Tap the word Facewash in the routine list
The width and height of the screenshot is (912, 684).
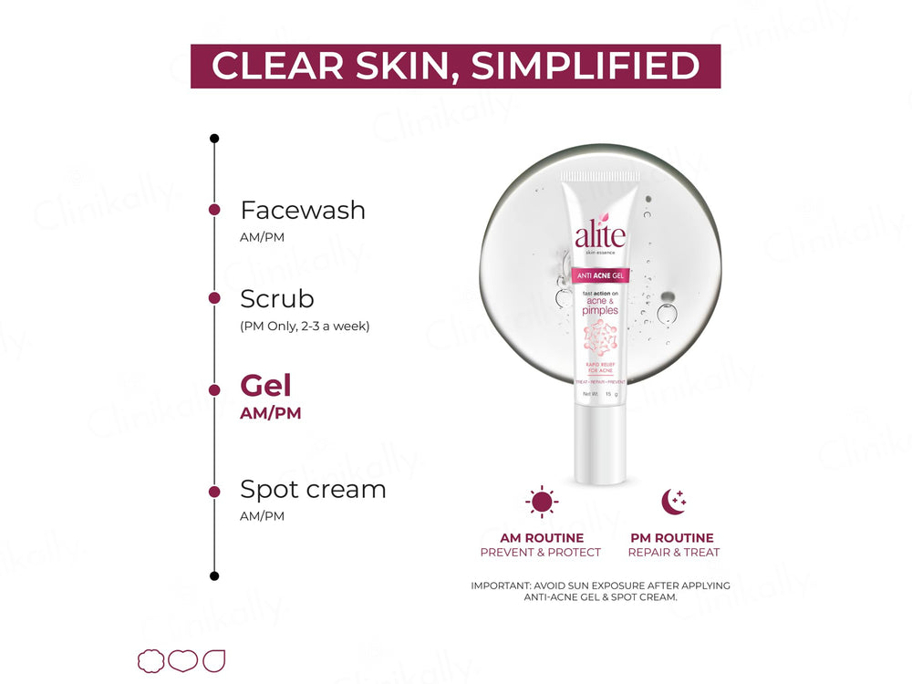(x=303, y=211)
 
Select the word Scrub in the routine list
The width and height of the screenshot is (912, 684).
(x=277, y=299)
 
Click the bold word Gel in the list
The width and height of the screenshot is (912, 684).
(x=265, y=386)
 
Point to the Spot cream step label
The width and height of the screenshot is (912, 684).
(x=313, y=490)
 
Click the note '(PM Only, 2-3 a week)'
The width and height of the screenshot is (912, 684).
(x=305, y=326)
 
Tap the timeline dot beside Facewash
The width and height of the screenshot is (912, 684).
(x=214, y=210)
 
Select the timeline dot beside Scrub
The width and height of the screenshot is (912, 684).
(x=214, y=298)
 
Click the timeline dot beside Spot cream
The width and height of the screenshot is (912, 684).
(x=214, y=492)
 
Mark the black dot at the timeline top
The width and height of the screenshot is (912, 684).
(x=214, y=139)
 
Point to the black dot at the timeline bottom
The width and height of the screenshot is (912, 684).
(x=214, y=575)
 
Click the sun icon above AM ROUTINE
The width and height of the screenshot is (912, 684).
(x=541, y=502)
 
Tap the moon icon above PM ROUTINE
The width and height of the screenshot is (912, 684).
(x=673, y=501)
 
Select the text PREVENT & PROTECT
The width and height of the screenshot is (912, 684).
(x=541, y=553)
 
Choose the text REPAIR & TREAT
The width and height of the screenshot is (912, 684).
(x=674, y=553)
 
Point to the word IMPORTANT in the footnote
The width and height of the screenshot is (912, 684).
(x=503, y=586)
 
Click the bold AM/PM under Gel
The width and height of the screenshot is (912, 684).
(x=270, y=413)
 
